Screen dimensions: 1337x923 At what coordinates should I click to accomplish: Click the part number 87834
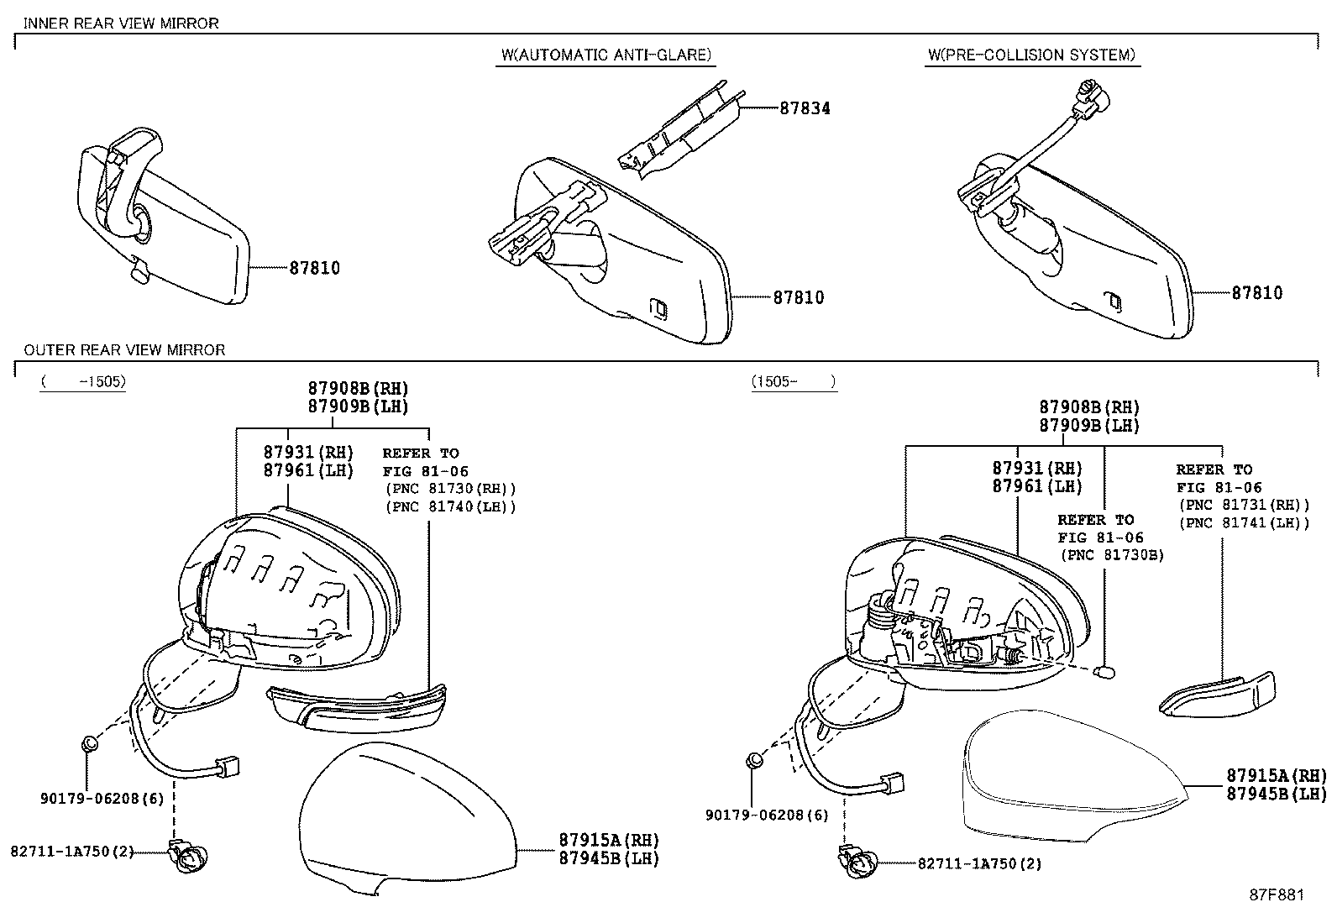(x=805, y=108)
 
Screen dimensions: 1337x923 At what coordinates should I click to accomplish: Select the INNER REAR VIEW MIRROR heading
(x=121, y=24)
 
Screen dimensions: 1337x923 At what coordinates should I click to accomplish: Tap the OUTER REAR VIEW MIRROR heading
(x=125, y=350)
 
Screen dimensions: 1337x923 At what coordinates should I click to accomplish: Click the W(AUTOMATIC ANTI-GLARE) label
(x=606, y=55)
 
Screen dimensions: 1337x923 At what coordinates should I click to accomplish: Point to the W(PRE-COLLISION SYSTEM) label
(x=1032, y=55)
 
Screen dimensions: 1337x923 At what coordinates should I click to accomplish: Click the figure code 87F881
(x=1277, y=895)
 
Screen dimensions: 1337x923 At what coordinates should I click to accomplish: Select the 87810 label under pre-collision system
(x=1257, y=293)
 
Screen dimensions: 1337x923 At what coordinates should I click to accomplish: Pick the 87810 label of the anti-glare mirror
(x=799, y=297)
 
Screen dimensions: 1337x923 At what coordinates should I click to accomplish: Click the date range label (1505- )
(x=794, y=381)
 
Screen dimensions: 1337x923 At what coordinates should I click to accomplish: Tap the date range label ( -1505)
(x=84, y=381)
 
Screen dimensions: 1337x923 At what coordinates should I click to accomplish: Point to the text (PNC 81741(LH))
(x=1245, y=523)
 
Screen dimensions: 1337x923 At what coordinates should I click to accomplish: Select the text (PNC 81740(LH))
(x=451, y=507)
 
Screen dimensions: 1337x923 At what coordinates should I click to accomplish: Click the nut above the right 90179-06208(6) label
(x=754, y=761)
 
